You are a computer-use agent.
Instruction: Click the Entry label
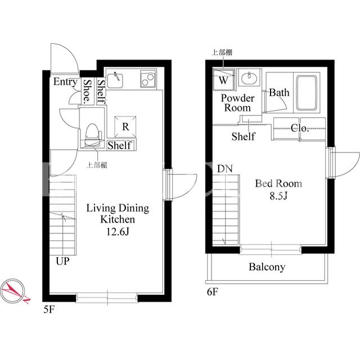65,82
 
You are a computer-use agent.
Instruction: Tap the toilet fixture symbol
93,135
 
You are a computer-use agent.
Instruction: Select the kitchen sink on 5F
115,80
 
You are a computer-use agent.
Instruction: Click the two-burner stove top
148,79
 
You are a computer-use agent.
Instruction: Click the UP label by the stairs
62,261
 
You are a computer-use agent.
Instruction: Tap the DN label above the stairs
225,169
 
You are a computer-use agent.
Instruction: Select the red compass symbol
13,290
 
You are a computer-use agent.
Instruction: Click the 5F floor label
49,310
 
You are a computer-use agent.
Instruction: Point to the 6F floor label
213,292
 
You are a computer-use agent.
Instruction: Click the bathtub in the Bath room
307,93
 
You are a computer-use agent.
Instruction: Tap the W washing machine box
223,80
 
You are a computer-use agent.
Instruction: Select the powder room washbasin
249,78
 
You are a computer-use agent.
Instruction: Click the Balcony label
267,267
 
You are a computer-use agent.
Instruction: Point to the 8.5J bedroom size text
278,196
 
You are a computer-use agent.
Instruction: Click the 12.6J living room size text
118,231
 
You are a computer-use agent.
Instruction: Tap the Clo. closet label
299,128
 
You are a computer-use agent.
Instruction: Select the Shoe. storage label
87,91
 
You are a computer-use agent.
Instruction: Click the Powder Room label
237,103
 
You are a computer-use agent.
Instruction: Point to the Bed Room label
278,183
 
